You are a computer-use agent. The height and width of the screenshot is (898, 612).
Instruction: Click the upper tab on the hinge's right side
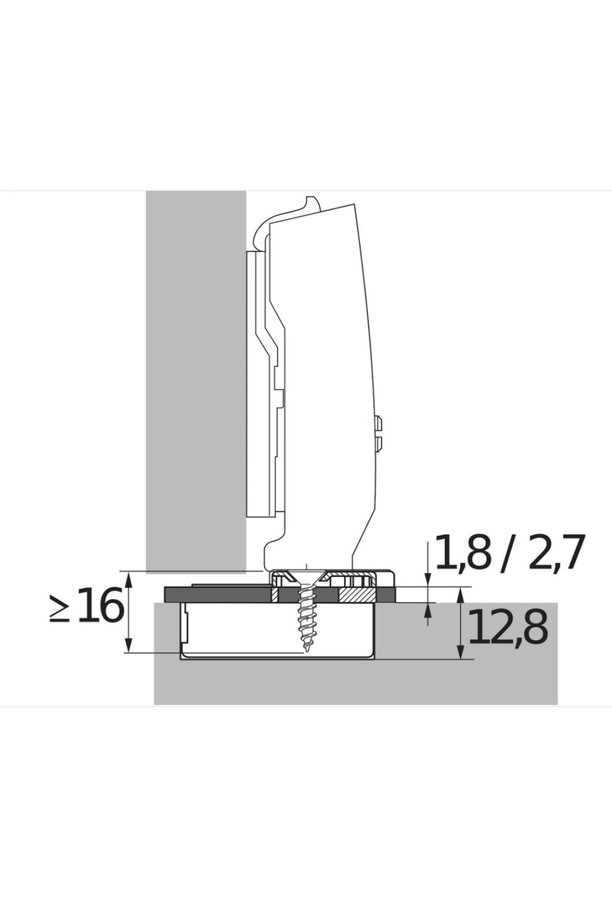coord(379,423)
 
